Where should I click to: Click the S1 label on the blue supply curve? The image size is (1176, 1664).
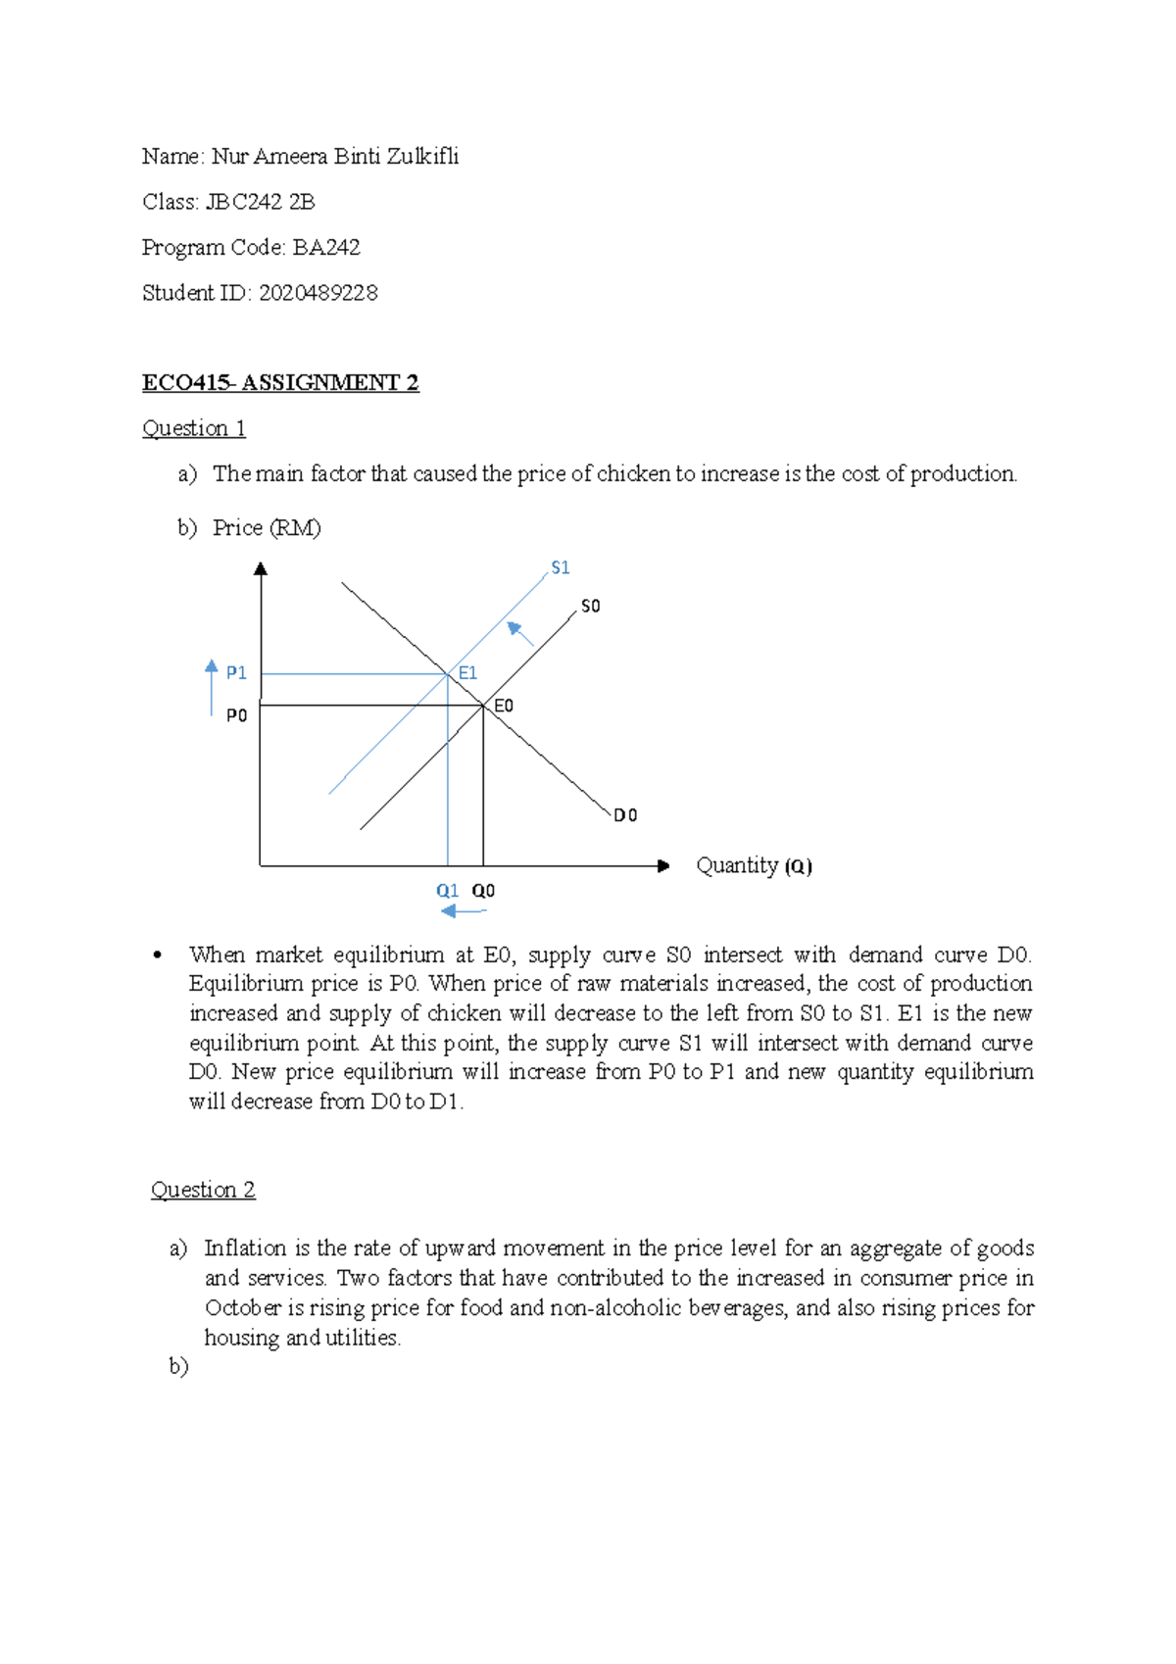[560, 568]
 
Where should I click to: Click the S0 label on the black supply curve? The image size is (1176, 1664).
[590, 607]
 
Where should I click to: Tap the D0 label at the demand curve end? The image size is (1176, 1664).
[625, 815]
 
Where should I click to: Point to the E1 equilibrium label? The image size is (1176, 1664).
[467, 673]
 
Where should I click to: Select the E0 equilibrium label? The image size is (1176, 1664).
[503, 707]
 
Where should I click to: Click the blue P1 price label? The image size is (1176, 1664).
[236, 673]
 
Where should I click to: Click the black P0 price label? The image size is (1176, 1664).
[236, 716]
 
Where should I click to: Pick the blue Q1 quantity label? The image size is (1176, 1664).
[447, 891]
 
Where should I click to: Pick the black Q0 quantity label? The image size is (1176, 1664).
[483, 891]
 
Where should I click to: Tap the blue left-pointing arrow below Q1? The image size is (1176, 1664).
[463, 911]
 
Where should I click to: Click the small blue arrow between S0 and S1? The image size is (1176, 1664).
[519, 634]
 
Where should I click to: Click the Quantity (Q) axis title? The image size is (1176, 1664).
[754, 866]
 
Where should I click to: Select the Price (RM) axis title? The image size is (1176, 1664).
[267, 528]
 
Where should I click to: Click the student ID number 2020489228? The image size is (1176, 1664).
[318, 293]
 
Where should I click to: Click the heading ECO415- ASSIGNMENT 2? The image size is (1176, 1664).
[280, 383]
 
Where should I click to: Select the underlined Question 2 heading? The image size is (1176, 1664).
[203, 1190]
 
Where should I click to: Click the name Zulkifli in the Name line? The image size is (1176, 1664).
[420, 157]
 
